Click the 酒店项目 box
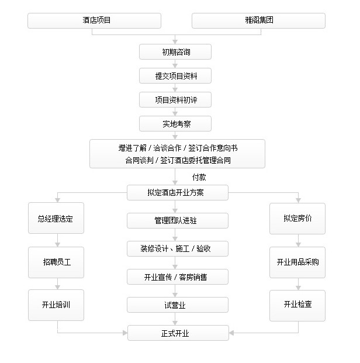[94, 20]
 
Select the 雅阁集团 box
[258, 20]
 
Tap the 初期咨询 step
[175, 52]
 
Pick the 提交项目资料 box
[175, 76]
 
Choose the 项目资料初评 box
[175, 100]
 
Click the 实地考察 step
[175, 123]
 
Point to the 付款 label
[199, 177]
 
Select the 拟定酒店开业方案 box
[178, 192]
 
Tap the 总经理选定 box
[56, 218]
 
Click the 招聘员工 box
[56, 262]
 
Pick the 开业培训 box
[56, 305]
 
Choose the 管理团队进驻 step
[178, 220]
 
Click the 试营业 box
[178, 305]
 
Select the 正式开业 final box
[178, 333]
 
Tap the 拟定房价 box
[297, 219]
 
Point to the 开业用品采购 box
[297, 262]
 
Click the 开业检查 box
[297, 306]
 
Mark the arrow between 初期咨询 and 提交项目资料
[175, 64]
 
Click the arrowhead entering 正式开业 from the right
[231, 333]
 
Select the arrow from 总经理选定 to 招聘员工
[58, 240]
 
